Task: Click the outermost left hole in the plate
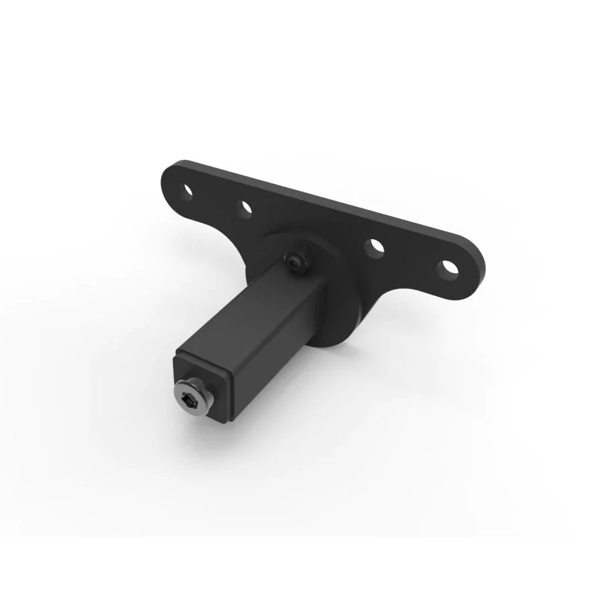pos(188,191)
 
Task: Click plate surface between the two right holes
pos(411,258)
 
